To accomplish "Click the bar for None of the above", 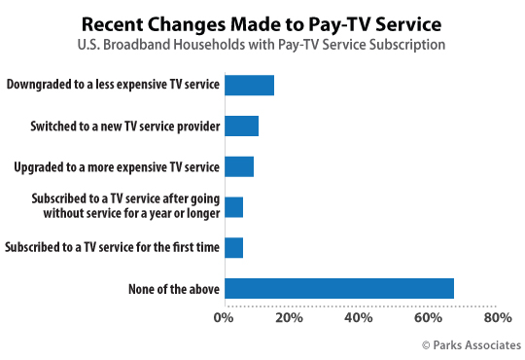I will tap(338, 289).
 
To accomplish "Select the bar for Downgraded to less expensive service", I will tap(249, 85).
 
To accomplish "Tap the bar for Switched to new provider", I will tap(241, 126).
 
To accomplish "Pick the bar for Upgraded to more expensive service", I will tap(238, 166).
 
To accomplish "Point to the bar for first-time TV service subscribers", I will tap(233, 248).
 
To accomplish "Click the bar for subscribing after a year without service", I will tap(233, 207).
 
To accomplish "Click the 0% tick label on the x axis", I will tap(225, 318).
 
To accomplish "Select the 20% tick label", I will tap(293, 318).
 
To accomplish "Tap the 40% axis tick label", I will tap(361, 318).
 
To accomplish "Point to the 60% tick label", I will tap(429, 318).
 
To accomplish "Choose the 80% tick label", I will tap(497, 318).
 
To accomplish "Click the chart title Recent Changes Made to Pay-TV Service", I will tap(263, 22).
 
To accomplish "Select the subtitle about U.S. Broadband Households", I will tap(263, 44).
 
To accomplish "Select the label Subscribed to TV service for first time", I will tap(113, 248).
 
